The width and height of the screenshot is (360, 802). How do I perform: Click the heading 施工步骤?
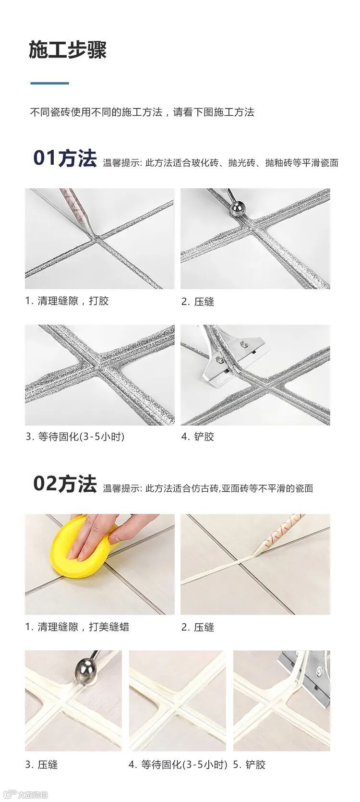[x=68, y=50]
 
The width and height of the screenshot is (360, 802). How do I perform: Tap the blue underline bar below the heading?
[x=49, y=83]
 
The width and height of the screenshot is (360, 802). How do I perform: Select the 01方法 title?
[x=65, y=158]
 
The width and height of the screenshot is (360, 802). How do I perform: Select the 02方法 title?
[x=65, y=484]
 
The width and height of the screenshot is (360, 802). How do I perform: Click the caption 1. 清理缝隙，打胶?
[x=67, y=301]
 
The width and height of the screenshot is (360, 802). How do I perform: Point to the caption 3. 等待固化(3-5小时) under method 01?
[x=75, y=437]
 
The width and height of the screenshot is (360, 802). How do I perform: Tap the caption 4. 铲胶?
[x=198, y=437]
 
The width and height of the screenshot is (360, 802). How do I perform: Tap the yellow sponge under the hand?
[x=82, y=548]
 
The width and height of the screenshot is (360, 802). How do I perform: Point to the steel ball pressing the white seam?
[x=86, y=671]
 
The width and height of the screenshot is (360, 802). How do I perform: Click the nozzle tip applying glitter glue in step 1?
[x=90, y=226]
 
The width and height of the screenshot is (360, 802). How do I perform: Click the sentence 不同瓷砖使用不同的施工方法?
[x=96, y=112]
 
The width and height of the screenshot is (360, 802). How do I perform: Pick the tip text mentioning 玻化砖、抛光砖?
[x=220, y=163]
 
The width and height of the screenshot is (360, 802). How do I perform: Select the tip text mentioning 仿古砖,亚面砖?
[x=208, y=488]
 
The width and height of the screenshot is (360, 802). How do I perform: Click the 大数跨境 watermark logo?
[x=24, y=794]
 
